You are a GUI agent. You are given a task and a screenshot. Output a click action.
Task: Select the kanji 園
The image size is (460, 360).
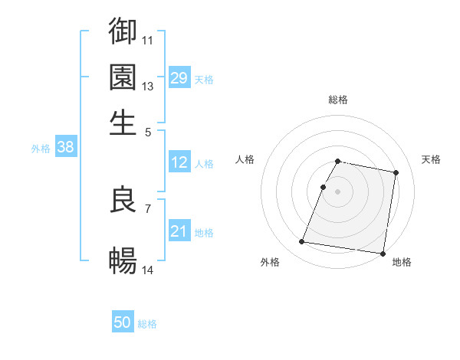pos(123,77)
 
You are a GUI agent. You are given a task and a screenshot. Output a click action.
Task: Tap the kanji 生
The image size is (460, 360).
pos(123,123)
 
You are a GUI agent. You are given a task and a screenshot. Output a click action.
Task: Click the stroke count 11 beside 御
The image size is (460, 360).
pos(148,39)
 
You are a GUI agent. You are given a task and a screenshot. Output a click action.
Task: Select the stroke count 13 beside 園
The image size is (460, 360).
pos(148,86)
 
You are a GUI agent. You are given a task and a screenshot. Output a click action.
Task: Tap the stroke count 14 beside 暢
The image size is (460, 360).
pos(148,270)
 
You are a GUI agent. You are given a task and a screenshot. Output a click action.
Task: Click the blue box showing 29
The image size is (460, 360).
pos(179,78)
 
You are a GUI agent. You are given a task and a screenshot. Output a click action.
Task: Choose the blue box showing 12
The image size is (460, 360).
pos(179,162)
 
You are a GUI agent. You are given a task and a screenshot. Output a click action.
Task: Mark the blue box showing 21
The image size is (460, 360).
pos(179,231)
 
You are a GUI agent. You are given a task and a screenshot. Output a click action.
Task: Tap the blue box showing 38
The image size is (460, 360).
pos(65,148)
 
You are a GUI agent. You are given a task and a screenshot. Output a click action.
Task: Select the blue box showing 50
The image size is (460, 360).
pos(123,323)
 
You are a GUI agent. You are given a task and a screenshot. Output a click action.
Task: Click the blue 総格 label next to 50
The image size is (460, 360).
pos(147,325)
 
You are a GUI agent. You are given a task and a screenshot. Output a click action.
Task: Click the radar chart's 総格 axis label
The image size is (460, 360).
pos(338,100)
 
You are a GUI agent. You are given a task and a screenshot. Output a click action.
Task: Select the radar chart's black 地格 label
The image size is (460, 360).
pos(402,262)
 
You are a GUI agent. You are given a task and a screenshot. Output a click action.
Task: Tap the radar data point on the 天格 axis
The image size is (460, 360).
pos(396,173)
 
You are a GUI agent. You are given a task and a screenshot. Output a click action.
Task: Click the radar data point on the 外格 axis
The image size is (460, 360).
pos(302,242)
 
